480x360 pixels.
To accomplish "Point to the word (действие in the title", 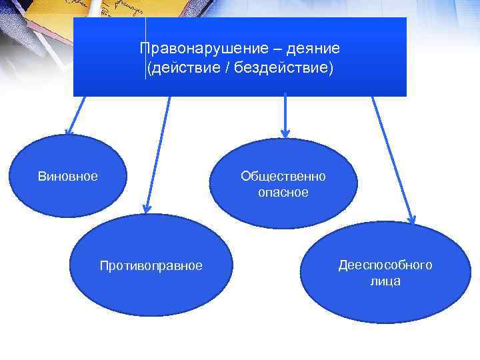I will (184, 68).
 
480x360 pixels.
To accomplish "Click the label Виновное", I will (67, 177).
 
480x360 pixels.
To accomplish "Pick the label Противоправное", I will (151, 266).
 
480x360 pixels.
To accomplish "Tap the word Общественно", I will (283, 177).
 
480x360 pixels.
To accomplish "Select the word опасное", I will (283, 193).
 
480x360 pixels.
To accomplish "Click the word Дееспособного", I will (385, 265).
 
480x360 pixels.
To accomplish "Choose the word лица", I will (385, 281).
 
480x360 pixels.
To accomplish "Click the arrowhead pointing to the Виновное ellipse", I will (68, 132).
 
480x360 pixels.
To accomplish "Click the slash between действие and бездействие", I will (228, 68).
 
